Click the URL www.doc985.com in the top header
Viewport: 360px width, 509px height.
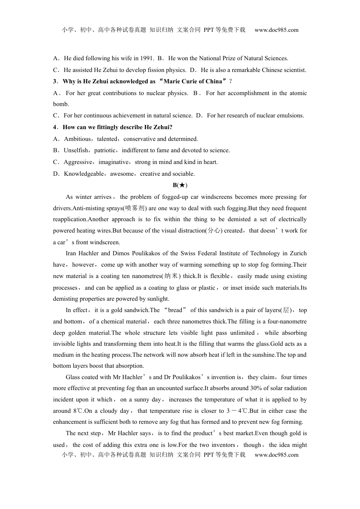(x=276, y=30)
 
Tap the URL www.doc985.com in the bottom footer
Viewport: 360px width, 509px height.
(x=276, y=455)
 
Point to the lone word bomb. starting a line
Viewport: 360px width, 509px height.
(x=61, y=104)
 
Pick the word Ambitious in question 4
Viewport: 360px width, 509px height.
(x=77, y=139)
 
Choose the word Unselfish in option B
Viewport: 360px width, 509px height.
(x=76, y=150)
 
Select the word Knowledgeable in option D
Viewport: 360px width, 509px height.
(x=84, y=174)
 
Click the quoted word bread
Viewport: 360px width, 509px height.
(x=175, y=310)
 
